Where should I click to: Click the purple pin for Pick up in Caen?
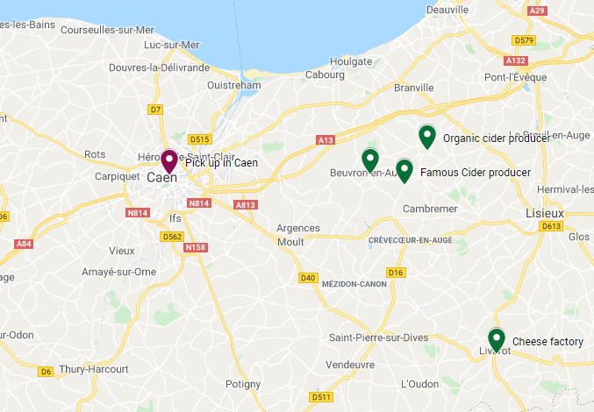pos(168,160)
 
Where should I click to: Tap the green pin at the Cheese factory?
pos(497,337)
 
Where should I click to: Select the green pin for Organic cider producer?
pos(427,136)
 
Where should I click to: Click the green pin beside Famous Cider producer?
pos(404,169)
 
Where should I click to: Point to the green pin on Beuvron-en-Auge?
pos(370,160)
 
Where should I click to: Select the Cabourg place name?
pos(326,75)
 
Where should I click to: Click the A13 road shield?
pos(325,140)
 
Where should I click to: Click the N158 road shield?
pos(195,248)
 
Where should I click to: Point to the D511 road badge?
pos(321,397)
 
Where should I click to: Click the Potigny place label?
pos(243,384)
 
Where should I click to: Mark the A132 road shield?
pos(516,60)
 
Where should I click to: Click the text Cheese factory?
pos(547,341)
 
